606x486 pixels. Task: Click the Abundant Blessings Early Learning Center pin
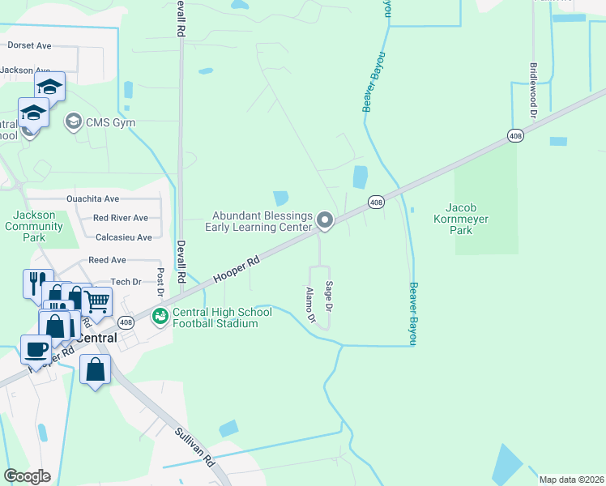(x=325, y=220)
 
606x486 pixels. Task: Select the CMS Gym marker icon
(x=73, y=122)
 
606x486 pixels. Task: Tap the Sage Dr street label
(x=329, y=296)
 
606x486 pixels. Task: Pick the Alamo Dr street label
(x=309, y=305)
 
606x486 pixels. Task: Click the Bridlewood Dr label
(x=533, y=90)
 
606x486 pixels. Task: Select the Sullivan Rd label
(x=194, y=446)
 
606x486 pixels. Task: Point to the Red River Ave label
(x=120, y=218)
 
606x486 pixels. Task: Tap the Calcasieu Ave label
(x=124, y=237)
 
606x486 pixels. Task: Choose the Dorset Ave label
(x=29, y=46)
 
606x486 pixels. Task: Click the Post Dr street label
(x=160, y=282)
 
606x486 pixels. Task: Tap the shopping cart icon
(x=97, y=301)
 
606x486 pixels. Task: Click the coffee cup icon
(x=35, y=349)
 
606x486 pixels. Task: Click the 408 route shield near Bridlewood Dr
(x=515, y=134)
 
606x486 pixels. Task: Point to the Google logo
(x=27, y=476)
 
